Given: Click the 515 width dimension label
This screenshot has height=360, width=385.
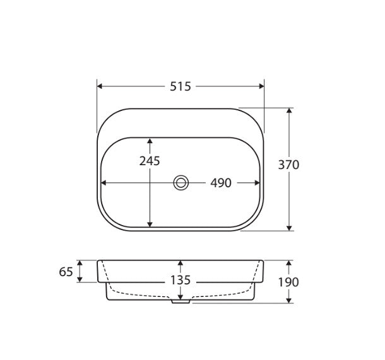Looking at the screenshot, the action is (x=181, y=86).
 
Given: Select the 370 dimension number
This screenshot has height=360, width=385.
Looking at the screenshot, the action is (x=289, y=165).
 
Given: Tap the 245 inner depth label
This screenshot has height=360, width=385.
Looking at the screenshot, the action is (x=150, y=161).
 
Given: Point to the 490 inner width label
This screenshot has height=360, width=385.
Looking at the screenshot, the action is (x=221, y=183).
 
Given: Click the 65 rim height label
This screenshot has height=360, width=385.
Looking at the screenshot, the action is (x=66, y=272).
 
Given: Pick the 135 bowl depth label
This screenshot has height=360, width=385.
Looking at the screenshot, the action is (x=181, y=280).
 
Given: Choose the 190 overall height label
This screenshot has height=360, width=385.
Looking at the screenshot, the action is (x=288, y=282).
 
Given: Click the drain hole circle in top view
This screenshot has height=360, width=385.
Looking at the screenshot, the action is (x=181, y=183).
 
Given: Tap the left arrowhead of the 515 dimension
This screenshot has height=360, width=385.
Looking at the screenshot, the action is (x=100, y=86).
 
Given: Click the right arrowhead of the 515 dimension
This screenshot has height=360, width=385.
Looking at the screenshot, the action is (x=261, y=86).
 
